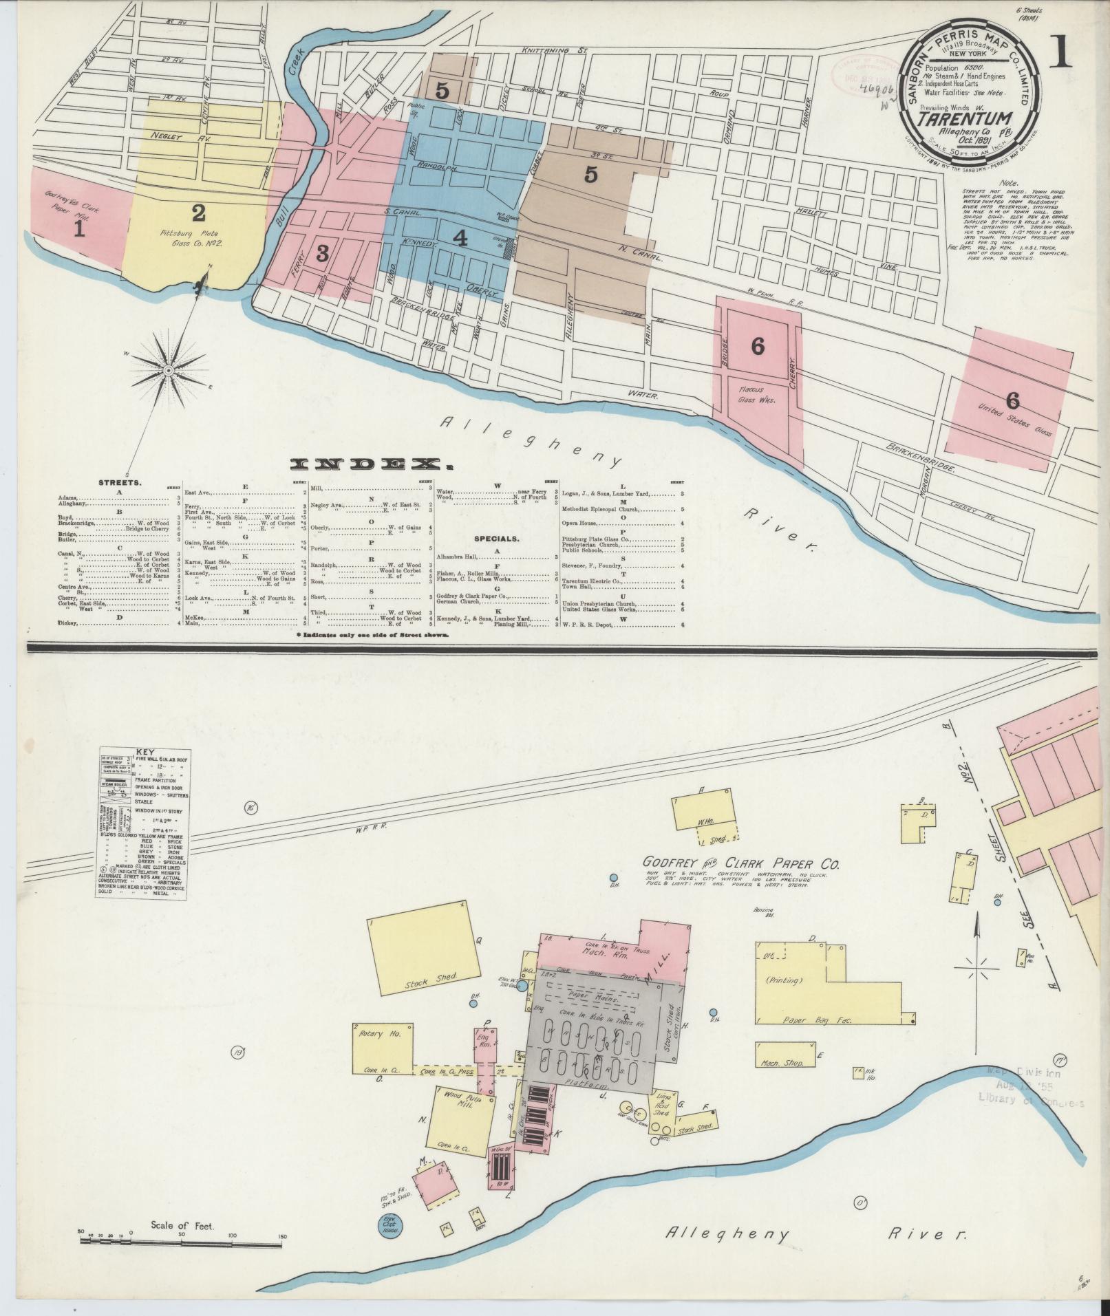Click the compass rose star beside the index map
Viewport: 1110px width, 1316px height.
[167, 371]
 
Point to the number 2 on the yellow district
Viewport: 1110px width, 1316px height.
[199, 213]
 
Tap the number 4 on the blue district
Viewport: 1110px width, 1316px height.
[460, 238]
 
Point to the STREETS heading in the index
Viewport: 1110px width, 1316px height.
[120, 482]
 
